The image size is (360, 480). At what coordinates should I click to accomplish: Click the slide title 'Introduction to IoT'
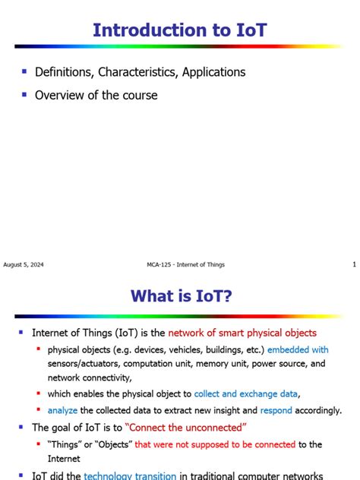pos(179,30)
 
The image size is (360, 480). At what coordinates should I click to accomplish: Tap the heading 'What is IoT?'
pos(180,295)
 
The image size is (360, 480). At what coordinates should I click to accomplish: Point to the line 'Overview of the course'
pos(96,96)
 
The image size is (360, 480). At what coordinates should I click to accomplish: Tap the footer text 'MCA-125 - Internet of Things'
pos(185,264)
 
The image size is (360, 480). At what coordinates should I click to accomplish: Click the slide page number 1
pos(354,264)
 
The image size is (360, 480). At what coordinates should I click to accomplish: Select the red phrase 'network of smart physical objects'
pos(242,333)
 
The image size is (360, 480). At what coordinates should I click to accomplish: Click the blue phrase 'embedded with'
pos(298,350)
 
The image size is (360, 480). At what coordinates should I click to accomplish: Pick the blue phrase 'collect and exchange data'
pos(247,393)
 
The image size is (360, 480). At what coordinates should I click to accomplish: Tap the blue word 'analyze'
pos(62,410)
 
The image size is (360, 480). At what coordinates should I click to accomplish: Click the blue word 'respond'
pos(276,410)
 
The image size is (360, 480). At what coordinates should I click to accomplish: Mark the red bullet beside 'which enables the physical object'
pos(39,393)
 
